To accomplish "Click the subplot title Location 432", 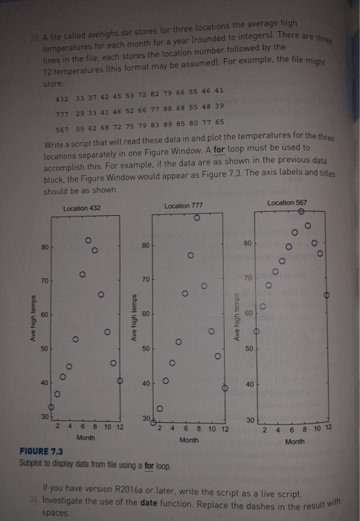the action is (x=81, y=208).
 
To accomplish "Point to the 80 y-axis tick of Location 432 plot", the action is (x=45, y=246).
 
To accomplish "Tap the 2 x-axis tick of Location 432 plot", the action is (x=58, y=426).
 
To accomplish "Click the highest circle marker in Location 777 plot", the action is (x=196, y=218).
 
